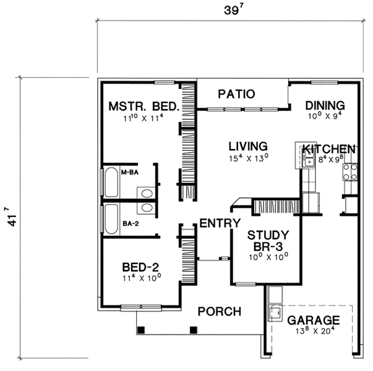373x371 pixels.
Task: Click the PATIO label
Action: (x=236, y=94)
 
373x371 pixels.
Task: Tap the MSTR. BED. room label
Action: (x=144, y=106)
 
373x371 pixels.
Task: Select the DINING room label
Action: (x=325, y=106)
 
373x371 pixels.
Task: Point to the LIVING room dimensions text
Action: (x=249, y=158)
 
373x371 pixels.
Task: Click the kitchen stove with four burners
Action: (x=350, y=172)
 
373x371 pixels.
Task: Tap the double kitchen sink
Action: (x=309, y=158)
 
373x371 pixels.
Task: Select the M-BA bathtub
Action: (x=111, y=182)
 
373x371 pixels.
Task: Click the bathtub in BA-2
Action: (x=111, y=219)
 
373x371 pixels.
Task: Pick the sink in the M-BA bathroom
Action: (x=147, y=194)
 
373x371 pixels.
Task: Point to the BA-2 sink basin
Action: (x=147, y=208)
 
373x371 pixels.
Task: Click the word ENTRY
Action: (x=220, y=223)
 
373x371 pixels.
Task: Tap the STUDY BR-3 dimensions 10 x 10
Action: (x=268, y=257)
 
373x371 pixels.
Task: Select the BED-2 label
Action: (x=140, y=267)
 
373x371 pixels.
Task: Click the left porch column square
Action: (x=141, y=330)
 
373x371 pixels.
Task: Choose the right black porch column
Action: (x=194, y=330)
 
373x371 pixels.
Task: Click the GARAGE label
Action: (x=314, y=320)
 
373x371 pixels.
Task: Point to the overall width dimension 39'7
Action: (x=234, y=10)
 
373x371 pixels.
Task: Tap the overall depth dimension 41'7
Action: (x=11, y=217)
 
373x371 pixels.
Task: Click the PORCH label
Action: (x=220, y=311)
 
